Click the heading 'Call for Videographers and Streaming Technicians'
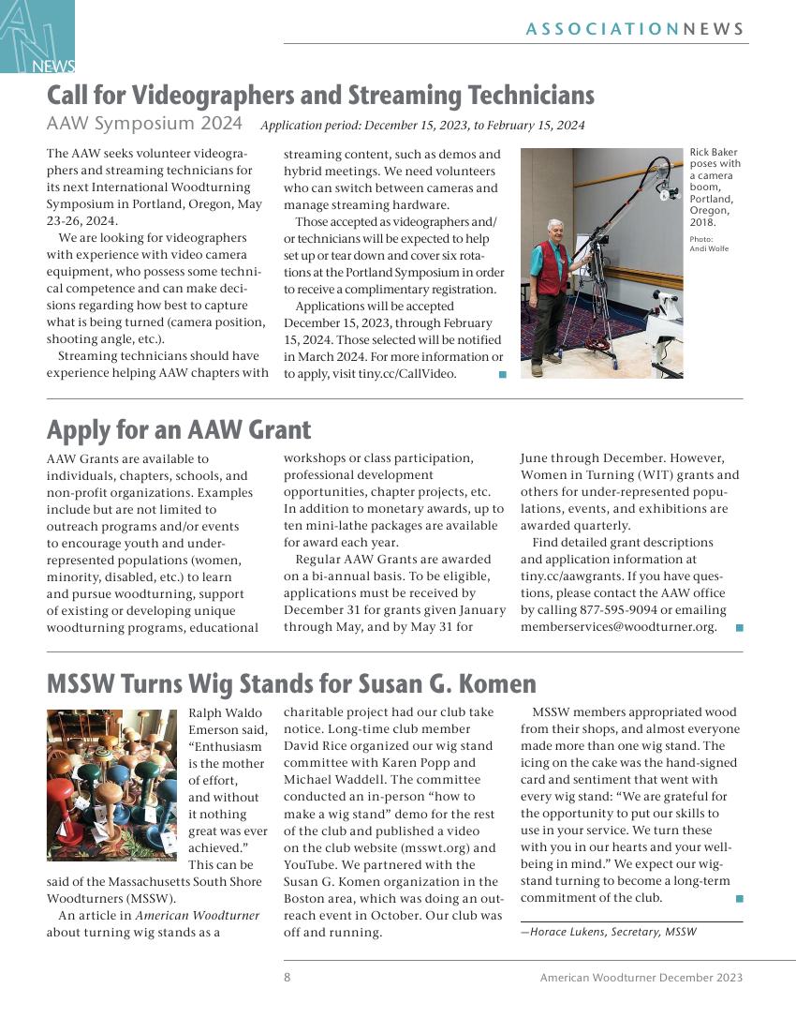[x=320, y=96]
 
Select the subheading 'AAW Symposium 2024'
[x=144, y=124]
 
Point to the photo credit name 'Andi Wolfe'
[x=709, y=248]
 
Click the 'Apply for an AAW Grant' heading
[x=179, y=429]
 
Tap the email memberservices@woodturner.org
[x=618, y=627]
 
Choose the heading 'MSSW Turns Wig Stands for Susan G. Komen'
[x=291, y=683]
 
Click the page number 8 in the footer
[x=287, y=978]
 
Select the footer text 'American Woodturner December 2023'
[x=641, y=978]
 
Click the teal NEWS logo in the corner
[x=37, y=37]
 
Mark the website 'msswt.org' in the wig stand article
[x=442, y=847]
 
